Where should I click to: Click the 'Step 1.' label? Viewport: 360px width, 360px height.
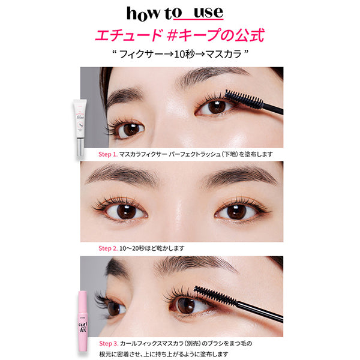click(109, 154)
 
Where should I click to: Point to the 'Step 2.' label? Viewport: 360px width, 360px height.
click(109, 247)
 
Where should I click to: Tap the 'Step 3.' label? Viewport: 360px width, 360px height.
click(109, 343)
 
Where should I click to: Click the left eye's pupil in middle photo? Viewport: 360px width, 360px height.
click(126, 211)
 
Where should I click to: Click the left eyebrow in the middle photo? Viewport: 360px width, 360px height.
click(124, 175)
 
